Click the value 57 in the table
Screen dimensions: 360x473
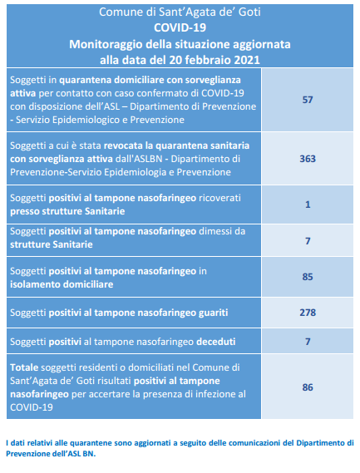[x=308, y=100]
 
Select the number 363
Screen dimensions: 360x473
[x=308, y=159]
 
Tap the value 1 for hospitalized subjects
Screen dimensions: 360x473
[x=308, y=204]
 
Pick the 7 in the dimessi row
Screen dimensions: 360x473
[x=308, y=241]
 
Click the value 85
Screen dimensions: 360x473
[x=308, y=277]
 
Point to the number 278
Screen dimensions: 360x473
[x=308, y=313]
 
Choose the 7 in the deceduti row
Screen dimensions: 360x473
[x=308, y=342]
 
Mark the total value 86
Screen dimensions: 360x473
[x=308, y=387]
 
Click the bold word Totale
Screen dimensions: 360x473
[x=24, y=367]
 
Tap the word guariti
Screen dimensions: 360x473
[x=213, y=313]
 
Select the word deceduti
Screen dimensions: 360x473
[x=216, y=342]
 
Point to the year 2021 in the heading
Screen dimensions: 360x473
[x=247, y=60]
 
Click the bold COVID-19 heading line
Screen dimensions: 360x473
[x=180, y=27]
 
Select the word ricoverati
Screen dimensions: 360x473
[x=219, y=198]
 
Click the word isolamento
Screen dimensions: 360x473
[x=35, y=284]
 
